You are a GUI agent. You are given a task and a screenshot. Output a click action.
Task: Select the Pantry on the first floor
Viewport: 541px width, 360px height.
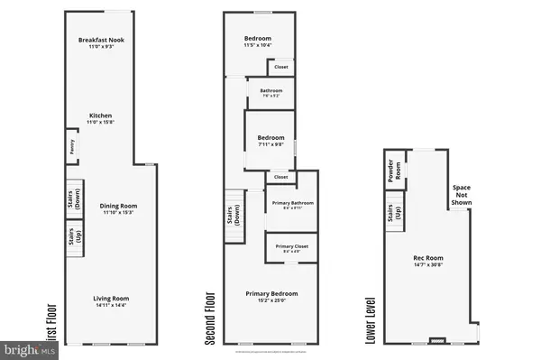click(70, 147)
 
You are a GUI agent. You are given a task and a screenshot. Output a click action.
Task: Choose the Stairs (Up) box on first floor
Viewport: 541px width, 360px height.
click(74, 237)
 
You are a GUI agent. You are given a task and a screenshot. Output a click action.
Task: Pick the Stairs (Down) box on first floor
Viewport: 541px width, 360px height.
click(74, 204)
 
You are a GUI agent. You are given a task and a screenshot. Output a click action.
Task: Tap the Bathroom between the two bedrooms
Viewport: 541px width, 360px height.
click(271, 93)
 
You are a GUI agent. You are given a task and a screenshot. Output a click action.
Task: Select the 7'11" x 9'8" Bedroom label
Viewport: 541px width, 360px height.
click(270, 141)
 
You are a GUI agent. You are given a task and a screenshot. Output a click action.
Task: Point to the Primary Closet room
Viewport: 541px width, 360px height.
click(292, 248)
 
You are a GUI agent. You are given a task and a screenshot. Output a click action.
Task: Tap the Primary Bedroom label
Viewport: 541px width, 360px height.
click(271, 296)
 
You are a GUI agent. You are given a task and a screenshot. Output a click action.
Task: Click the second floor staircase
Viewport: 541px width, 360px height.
click(234, 217)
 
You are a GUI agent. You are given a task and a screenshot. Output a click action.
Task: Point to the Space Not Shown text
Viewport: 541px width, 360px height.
click(462, 195)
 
